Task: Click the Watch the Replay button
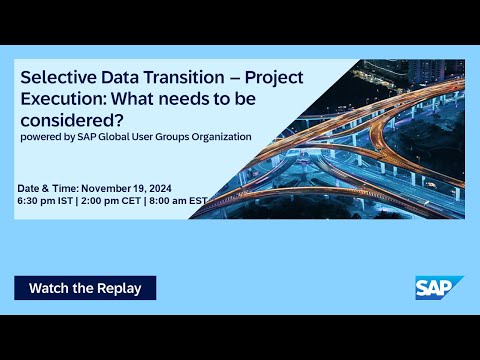[85, 288]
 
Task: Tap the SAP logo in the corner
[439, 287]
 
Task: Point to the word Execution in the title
[63, 99]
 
